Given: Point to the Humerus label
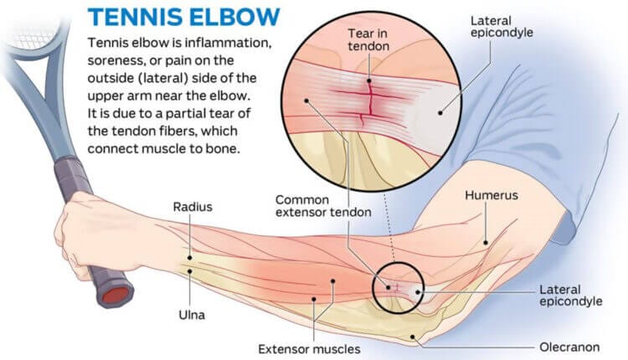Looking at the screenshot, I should [493, 195].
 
